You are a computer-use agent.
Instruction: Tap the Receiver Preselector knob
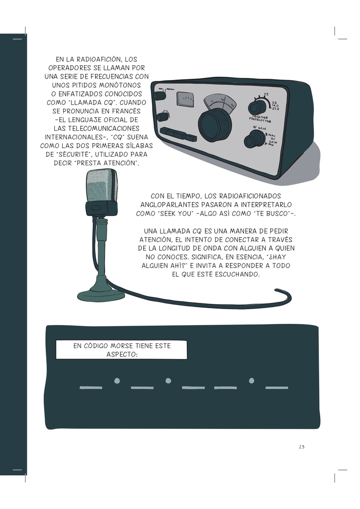coord(257,108)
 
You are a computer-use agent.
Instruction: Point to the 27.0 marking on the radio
coord(275,109)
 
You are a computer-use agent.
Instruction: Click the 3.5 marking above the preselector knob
coord(266,94)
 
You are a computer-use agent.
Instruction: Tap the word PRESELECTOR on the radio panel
coord(260,120)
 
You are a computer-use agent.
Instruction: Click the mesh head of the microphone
coord(101,185)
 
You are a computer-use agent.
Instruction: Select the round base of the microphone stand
coord(101,295)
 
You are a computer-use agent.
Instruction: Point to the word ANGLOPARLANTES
coord(169,205)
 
